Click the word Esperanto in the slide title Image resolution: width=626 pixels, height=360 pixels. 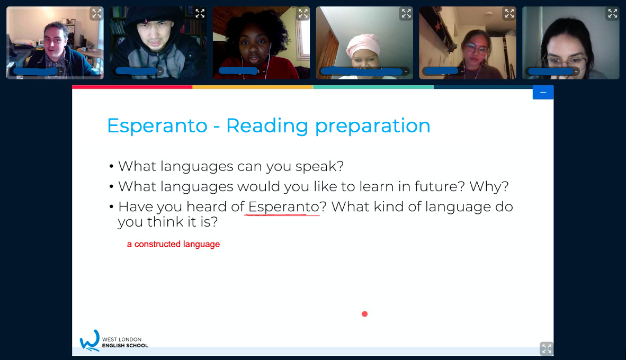coord(157,125)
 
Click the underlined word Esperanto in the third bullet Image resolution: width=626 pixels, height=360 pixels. coord(283,207)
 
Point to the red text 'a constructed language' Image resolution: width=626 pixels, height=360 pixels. coord(173,244)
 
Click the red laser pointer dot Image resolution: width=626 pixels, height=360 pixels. coord(364,314)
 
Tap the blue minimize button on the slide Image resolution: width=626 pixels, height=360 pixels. coord(543,92)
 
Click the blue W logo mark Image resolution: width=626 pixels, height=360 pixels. coord(90,340)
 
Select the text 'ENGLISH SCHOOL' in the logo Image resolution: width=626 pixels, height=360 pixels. coord(125,346)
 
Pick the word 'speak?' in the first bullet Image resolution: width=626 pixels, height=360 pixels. coord(319,167)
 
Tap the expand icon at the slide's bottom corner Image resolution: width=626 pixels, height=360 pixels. coord(547,348)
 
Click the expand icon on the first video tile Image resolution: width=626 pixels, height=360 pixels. coord(96,14)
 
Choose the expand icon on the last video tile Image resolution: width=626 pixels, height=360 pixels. coord(612,14)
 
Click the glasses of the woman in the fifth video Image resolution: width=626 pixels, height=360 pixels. coord(476,49)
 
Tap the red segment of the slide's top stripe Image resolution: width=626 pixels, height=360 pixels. coord(132,87)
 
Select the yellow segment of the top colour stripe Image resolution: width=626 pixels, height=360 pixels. coord(253,87)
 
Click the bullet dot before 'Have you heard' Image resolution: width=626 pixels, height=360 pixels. coord(111,207)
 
